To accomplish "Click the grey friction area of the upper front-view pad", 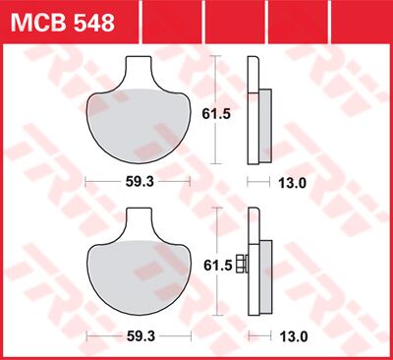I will click(x=144, y=123).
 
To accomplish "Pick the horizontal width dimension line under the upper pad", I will click(x=108, y=182).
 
